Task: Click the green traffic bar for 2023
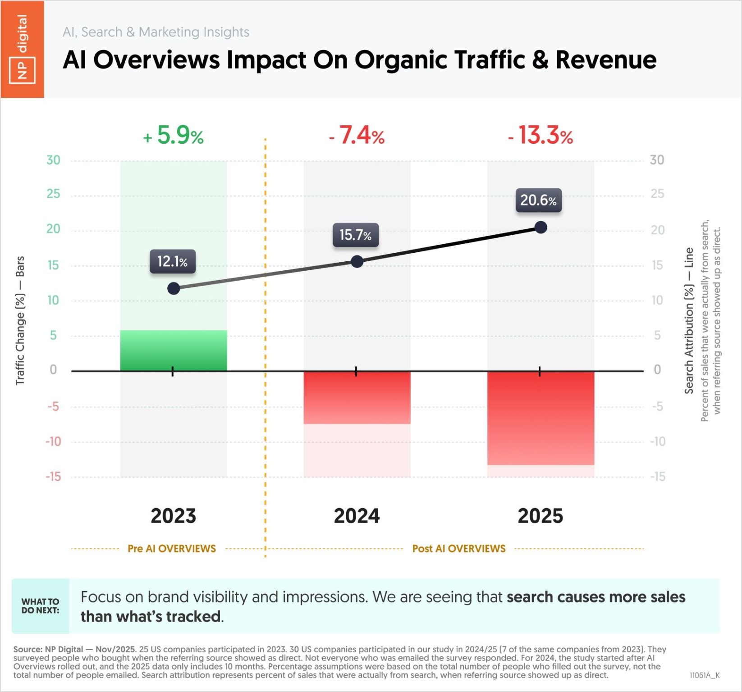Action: point(174,351)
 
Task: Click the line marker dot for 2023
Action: point(174,288)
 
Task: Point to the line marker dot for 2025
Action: point(540,228)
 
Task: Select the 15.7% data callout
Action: point(355,235)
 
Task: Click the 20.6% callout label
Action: point(538,200)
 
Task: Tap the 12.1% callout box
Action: point(173,261)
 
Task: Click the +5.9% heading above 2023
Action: point(174,135)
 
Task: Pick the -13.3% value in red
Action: point(540,135)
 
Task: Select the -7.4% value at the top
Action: point(357,135)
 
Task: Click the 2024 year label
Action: point(357,516)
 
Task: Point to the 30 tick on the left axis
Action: point(53,160)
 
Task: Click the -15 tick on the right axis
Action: point(657,477)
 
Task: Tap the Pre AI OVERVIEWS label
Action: point(172,549)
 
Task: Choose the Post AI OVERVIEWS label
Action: point(459,549)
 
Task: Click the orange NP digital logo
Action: point(23,49)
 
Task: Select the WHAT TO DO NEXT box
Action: point(41,606)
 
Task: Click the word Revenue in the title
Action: point(606,60)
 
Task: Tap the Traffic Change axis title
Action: point(20,320)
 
